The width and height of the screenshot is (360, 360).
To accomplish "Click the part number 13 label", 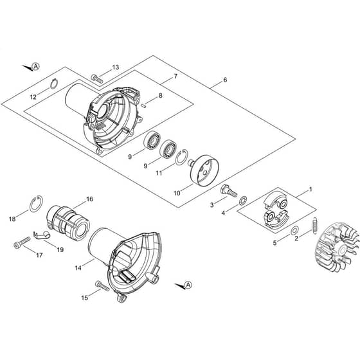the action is pyautogui.click(x=116, y=67).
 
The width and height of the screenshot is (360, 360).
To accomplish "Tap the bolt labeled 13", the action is pyautogui.click(x=97, y=78).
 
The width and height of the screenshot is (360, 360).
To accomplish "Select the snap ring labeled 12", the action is pyautogui.click(x=54, y=84).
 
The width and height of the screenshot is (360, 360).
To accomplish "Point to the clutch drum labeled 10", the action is pyautogui.click(x=203, y=170).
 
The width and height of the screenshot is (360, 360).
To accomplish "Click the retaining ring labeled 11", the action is pyautogui.click(x=181, y=157).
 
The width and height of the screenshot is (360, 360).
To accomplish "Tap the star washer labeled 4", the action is pyautogui.click(x=243, y=201).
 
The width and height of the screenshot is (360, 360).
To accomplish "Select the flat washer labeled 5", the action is pyautogui.click(x=294, y=230).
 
